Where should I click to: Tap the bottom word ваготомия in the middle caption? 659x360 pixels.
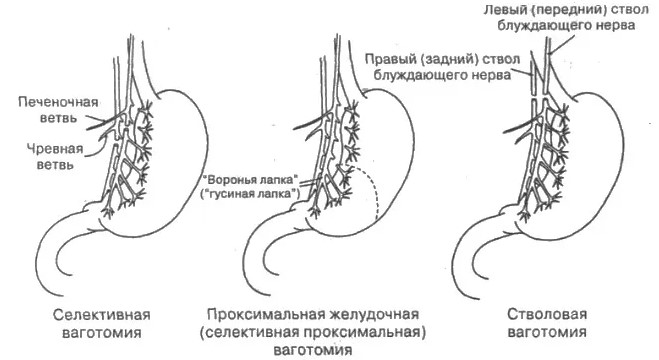(313, 350)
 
